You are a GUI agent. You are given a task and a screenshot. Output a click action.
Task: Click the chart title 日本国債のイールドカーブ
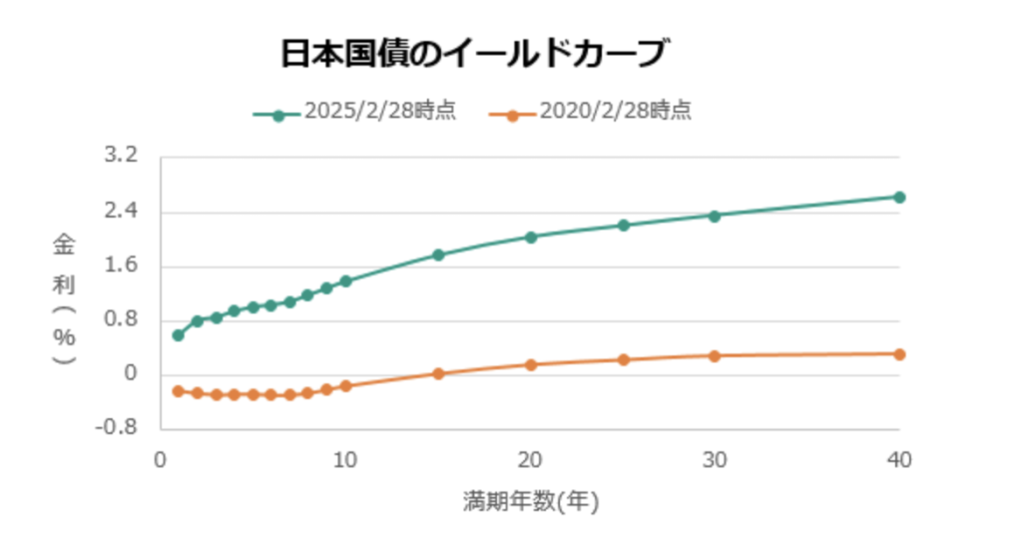471,54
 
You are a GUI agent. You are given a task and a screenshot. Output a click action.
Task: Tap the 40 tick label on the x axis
899,460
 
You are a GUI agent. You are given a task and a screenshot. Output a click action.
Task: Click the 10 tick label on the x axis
345,460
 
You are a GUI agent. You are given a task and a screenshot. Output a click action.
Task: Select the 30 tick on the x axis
715,460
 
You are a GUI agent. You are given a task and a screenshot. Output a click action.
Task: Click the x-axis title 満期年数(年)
530,501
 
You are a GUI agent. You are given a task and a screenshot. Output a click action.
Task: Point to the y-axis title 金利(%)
64,299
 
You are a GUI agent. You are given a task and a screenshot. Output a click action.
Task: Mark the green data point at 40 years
899,197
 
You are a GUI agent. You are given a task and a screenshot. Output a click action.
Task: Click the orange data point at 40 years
899,354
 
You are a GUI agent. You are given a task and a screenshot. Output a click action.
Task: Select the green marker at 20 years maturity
531,237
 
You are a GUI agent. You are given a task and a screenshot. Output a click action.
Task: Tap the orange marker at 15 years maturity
438,373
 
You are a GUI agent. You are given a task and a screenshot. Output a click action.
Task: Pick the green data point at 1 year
179,335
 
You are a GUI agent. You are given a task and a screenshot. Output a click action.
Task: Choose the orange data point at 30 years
715,355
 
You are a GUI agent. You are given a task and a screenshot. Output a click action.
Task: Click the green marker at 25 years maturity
624,226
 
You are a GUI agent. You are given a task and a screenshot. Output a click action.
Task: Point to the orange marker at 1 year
179,391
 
